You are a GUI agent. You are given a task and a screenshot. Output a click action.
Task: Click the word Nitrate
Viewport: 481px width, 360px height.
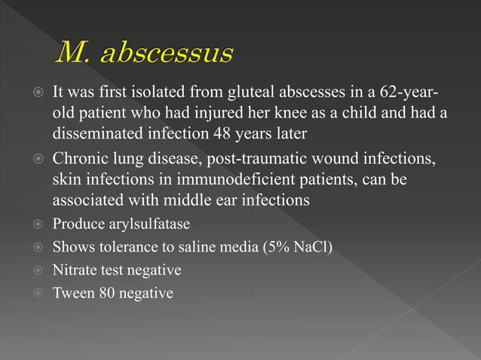click(x=75, y=270)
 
